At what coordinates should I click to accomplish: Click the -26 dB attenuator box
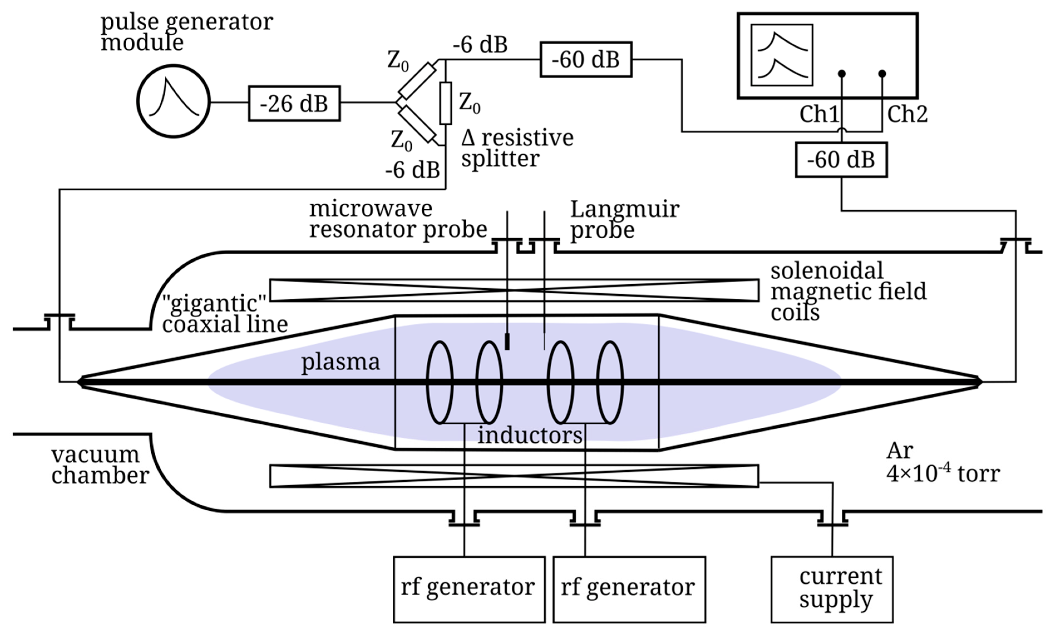(x=294, y=104)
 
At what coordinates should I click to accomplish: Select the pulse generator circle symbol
(x=174, y=101)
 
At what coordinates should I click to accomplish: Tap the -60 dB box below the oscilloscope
(x=841, y=160)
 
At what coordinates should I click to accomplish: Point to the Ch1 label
(x=819, y=114)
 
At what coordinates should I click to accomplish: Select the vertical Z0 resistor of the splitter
(x=445, y=103)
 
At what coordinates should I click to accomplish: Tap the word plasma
(x=340, y=362)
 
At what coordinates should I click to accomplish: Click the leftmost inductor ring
(x=439, y=382)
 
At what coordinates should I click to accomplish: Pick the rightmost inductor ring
(x=610, y=382)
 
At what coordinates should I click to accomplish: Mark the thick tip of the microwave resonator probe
(x=507, y=341)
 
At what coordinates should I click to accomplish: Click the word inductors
(x=529, y=435)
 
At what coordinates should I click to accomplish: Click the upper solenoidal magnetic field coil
(x=514, y=290)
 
